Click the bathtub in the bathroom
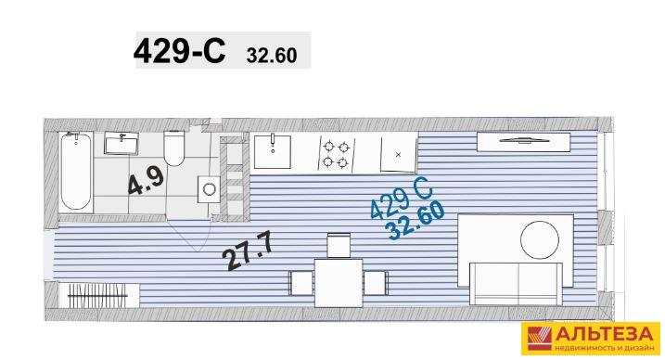(x=76, y=173)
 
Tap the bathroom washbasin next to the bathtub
(x=121, y=143)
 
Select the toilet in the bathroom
(x=174, y=148)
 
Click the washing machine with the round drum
(x=209, y=189)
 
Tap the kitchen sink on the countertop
(x=273, y=152)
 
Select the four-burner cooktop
(x=336, y=154)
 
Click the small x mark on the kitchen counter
(x=398, y=155)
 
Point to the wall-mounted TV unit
(x=523, y=142)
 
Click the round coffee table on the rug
(x=540, y=239)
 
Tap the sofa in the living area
(x=516, y=284)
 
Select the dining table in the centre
(x=339, y=283)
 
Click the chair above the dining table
(x=339, y=245)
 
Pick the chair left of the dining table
(x=301, y=283)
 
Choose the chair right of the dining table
(x=376, y=283)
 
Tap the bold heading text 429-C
(x=179, y=51)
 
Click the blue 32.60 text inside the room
(x=416, y=220)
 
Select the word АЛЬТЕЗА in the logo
(x=604, y=334)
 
